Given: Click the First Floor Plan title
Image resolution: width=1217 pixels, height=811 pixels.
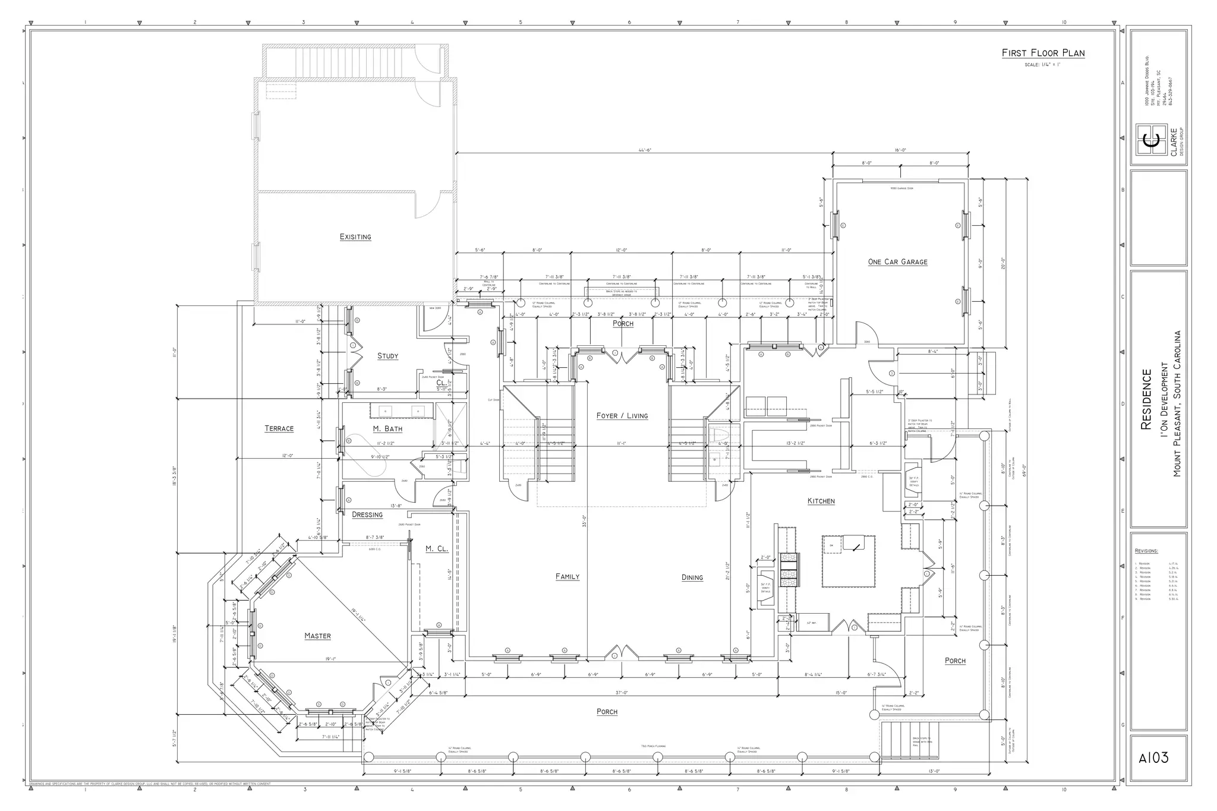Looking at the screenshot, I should pyautogui.click(x=1043, y=53).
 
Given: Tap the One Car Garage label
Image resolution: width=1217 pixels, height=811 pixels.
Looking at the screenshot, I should pyautogui.click(x=897, y=262).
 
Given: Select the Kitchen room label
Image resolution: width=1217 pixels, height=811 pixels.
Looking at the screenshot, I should pyautogui.click(x=821, y=501).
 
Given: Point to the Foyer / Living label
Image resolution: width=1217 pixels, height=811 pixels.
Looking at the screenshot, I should pyautogui.click(x=622, y=416).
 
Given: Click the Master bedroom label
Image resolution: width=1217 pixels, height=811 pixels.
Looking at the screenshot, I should pyautogui.click(x=317, y=636).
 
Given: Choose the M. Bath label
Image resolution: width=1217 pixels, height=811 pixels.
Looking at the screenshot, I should pyautogui.click(x=387, y=429).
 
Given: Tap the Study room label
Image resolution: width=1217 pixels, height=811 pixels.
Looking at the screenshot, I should pyautogui.click(x=387, y=356).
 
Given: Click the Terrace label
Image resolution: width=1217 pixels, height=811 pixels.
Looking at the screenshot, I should pyautogui.click(x=279, y=429).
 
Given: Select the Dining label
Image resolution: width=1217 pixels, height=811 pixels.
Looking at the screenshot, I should pyautogui.click(x=692, y=578).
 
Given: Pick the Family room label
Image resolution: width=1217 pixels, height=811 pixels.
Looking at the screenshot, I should pyautogui.click(x=567, y=577).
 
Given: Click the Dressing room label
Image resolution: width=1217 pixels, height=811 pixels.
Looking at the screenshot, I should pyautogui.click(x=367, y=515).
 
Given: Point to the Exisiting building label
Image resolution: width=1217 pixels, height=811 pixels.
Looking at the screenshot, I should pyautogui.click(x=355, y=237).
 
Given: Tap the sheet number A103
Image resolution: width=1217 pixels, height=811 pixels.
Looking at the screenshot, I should pyautogui.click(x=1153, y=759).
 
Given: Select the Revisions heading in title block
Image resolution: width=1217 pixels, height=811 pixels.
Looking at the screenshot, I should pyautogui.click(x=1146, y=551).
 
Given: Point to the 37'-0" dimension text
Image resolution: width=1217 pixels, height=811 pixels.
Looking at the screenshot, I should pyautogui.click(x=622, y=693).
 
